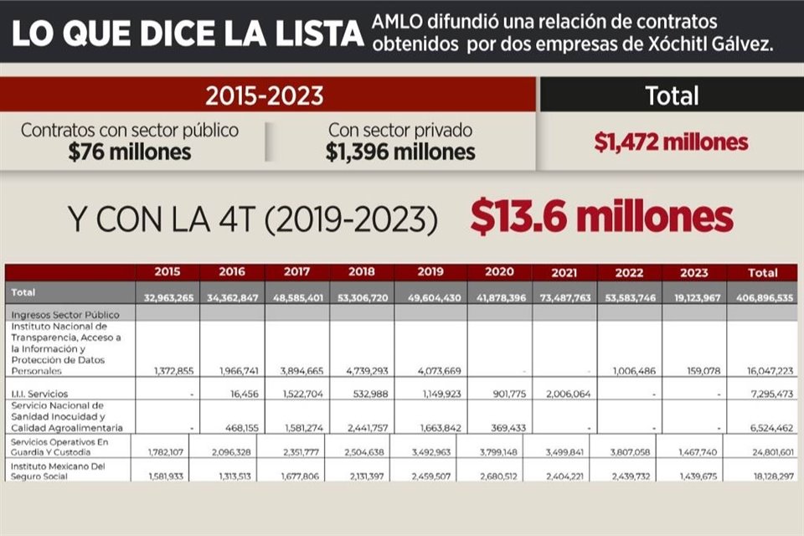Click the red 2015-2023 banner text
pos(265,95)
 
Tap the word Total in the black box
pos(671,95)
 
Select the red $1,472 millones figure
pos(671,142)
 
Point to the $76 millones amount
pos(130,152)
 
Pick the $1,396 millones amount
pos(400,152)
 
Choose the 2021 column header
pos(564,272)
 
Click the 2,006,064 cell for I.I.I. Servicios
pos(567,393)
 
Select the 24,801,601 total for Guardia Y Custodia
pos(765,451)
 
